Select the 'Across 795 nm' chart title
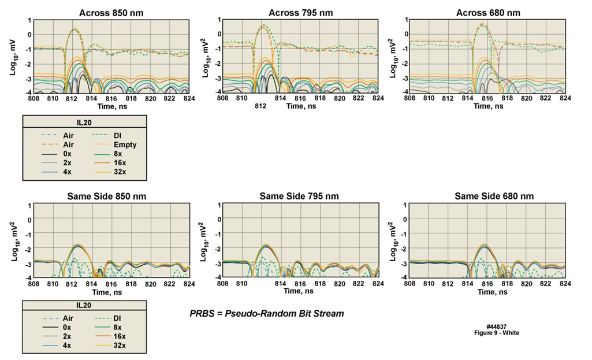point(300,13)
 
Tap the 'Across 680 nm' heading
point(488,13)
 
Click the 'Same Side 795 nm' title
point(300,196)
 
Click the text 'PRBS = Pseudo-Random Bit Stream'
point(267,314)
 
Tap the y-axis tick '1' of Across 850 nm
point(29,20)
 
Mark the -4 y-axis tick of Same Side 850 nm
point(28,278)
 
